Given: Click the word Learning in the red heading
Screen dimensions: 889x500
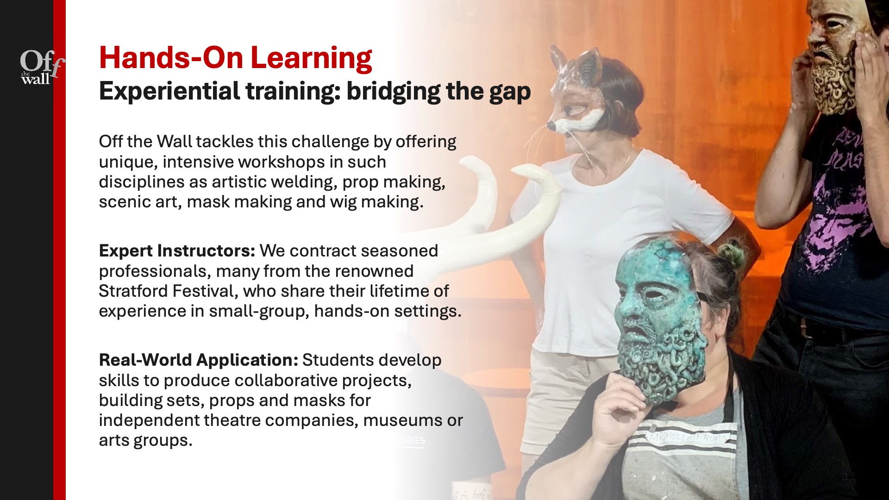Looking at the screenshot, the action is coord(311,58).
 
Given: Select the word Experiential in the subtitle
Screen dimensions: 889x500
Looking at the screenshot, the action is coord(169,91).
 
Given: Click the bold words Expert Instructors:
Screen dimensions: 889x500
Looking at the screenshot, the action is coord(177,250).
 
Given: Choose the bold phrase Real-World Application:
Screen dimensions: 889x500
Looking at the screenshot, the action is coord(198,360).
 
